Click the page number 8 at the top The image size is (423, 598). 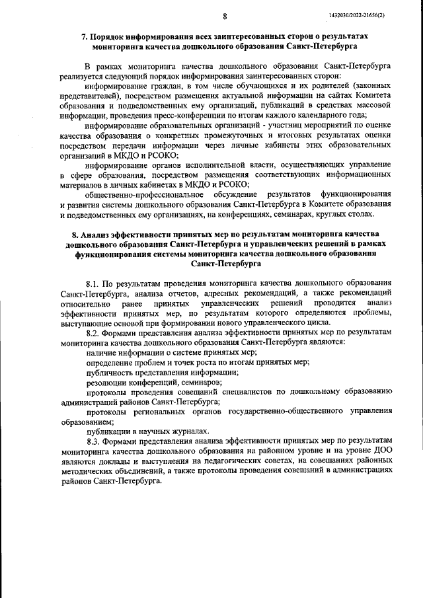coord(225,15)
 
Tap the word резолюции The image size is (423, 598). coord(106,382)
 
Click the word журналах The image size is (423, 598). coord(185,430)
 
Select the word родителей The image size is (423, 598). coord(308,87)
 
